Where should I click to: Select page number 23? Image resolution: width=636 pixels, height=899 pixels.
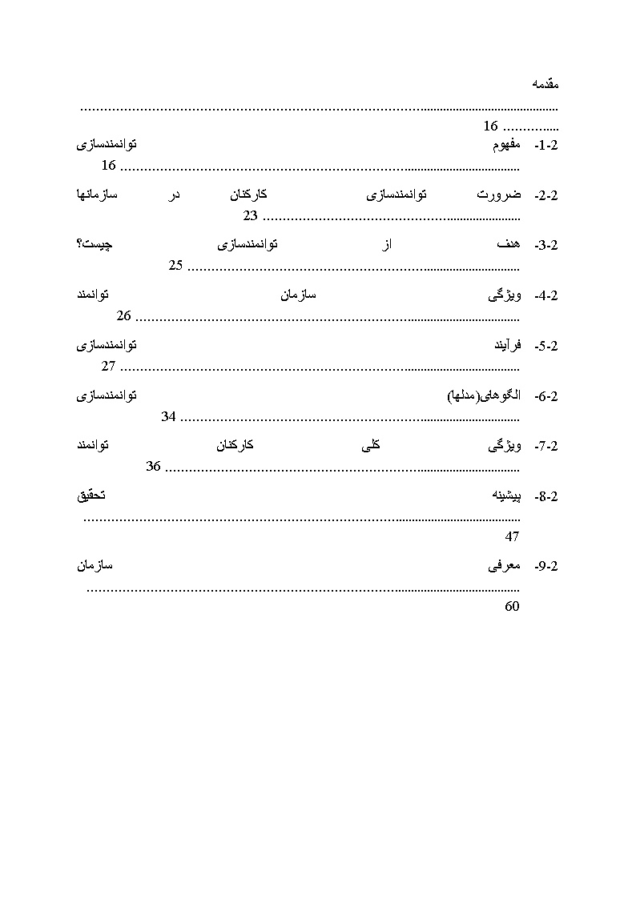point(250,216)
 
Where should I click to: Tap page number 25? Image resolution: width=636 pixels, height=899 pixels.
point(176,266)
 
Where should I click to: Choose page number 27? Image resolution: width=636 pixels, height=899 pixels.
point(109,367)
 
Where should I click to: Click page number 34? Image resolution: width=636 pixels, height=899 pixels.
point(168,416)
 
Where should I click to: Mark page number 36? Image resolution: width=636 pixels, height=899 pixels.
point(154,467)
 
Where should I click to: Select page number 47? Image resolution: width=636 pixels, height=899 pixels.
point(512,537)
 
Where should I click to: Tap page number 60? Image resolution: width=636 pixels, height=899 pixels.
point(512,607)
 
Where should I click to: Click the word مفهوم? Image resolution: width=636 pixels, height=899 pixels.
point(506,145)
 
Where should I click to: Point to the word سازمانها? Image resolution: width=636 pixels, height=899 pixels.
point(96,195)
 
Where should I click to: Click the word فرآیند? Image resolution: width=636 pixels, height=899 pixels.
point(505,346)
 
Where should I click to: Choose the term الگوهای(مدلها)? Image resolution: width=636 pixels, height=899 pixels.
point(483,396)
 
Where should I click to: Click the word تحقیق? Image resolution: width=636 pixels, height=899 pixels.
point(91,496)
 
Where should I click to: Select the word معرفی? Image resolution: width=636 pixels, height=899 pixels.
point(504,566)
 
